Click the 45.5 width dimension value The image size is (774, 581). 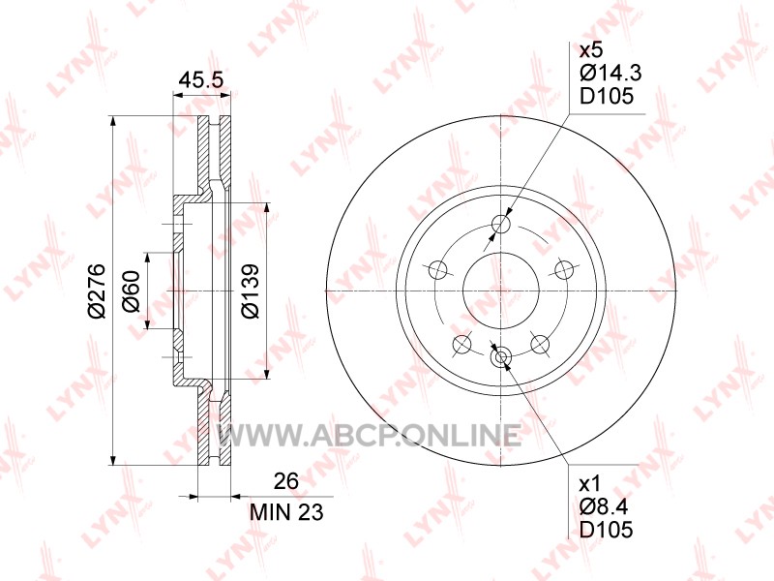[201, 79]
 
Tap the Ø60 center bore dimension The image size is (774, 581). [132, 291]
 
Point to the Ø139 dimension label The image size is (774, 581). [250, 291]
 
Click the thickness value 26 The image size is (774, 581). [286, 480]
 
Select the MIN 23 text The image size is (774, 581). [286, 512]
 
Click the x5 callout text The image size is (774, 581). [591, 50]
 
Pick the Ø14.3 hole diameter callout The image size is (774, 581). [610, 74]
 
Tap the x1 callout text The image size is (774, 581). [590, 482]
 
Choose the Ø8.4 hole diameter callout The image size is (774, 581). [605, 505]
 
